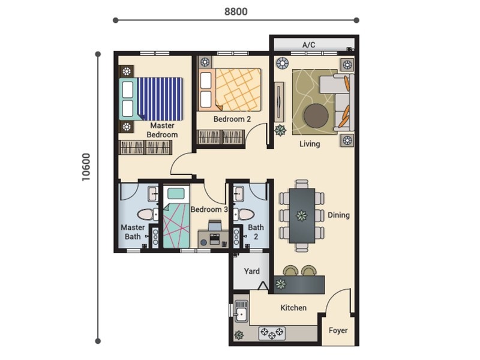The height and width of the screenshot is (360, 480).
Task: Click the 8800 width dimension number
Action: pyautogui.click(x=236, y=11)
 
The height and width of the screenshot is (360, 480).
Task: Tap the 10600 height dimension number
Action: pyautogui.click(x=86, y=167)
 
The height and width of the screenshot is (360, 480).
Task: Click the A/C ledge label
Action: pyautogui.click(x=308, y=45)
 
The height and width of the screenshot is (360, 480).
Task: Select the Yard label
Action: pyautogui.click(x=251, y=271)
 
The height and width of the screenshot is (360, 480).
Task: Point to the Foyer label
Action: pyautogui.click(x=338, y=331)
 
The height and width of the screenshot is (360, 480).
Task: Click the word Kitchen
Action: pyautogui.click(x=293, y=308)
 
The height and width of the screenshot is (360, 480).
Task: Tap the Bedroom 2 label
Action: pyautogui.click(x=232, y=119)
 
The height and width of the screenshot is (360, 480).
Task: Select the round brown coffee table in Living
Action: pyautogui.click(x=316, y=116)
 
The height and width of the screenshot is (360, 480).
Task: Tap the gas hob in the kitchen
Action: pyautogui.click(x=272, y=333)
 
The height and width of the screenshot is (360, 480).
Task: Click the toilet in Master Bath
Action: pyautogui.click(x=148, y=214)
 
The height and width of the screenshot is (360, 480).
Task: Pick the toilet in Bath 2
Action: pyautogui.click(x=244, y=214)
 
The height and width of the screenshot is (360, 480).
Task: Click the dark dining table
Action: pyautogui.click(x=302, y=216)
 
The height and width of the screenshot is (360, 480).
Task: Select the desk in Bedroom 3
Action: pyautogui.click(x=213, y=239)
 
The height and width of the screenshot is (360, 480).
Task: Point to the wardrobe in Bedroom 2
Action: pyautogui.click(x=221, y=137)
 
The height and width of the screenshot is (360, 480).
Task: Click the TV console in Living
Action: pyautogui.click(x=279, y=101)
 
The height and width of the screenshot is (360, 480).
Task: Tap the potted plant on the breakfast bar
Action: pyautogui.click(x=280, y=284)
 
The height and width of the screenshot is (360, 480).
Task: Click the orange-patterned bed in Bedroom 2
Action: pyautogui.click(x=230, y=89)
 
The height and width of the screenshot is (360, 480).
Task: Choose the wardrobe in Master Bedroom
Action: pyautogui.click(x=145, y=148)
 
